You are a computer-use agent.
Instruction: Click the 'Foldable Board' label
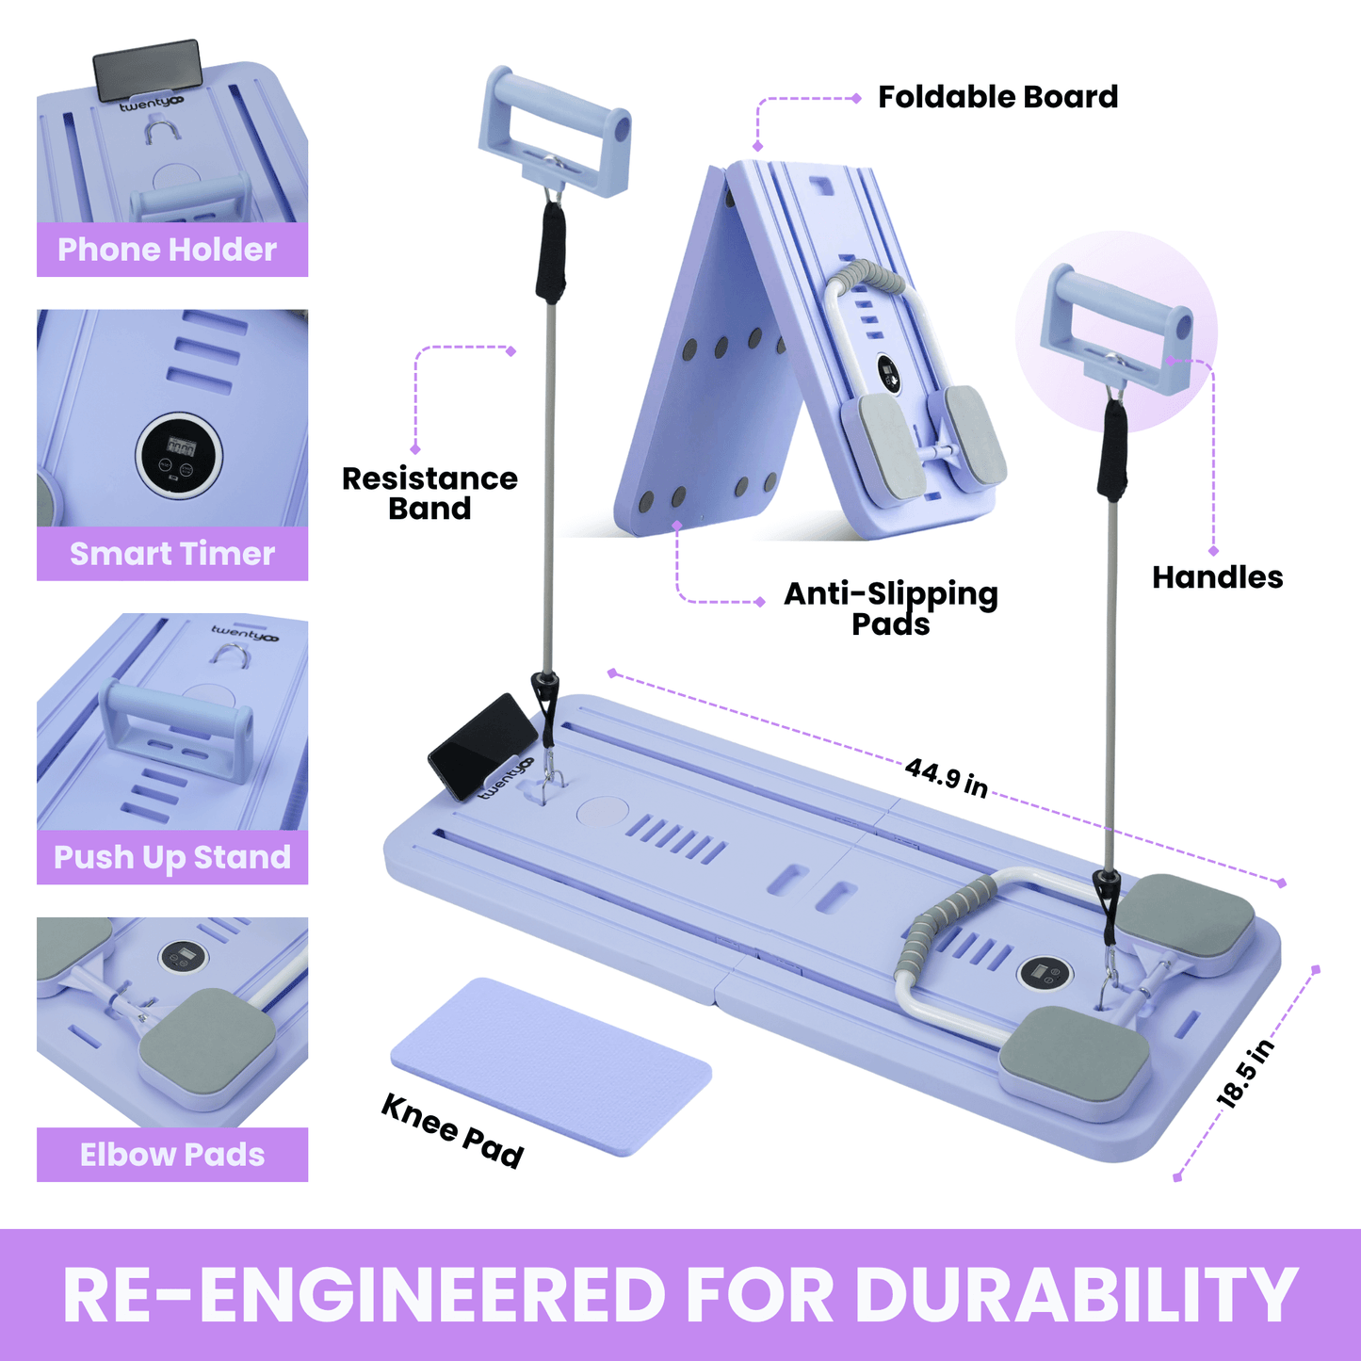click(x=997, y=97)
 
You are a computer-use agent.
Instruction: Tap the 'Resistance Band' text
click(x=429, y=493)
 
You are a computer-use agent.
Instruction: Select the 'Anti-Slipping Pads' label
click(x=890, y=608)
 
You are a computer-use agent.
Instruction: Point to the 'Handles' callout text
click(x=1217, y=577)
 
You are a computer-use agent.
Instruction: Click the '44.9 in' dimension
click(x=947, y=778)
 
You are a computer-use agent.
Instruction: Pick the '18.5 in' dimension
click(x=1245, y=1074)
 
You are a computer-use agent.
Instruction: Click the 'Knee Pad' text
click(x=452, y=1130)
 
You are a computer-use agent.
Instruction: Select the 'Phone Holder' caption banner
click(x=172, y=250)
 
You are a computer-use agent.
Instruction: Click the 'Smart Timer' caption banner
click(x=172, y=554)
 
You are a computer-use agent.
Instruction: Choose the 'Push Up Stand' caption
click(x=172, y=857)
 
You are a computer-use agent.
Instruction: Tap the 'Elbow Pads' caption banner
click(x=172, y=1155)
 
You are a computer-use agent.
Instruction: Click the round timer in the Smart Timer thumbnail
click(x=180, y=455)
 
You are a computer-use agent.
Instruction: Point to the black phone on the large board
click(x=482, y=744)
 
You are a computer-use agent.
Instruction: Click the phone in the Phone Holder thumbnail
click(x=148, y=68)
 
